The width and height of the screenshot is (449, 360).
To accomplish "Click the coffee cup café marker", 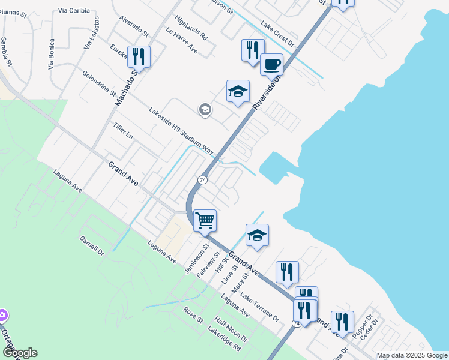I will (271, 64).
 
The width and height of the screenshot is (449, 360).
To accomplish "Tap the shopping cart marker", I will (205, 220).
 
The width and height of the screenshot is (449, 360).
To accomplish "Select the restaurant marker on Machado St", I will (139, 57).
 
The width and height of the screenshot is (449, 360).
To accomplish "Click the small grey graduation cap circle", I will (205, 110).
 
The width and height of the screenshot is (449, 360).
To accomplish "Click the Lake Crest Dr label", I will (279, 34).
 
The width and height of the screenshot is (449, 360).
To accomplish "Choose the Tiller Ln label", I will (123, 130).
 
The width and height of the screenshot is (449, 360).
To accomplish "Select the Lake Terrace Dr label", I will (260, 307).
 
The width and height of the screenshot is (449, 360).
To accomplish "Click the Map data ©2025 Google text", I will (412, 355).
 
